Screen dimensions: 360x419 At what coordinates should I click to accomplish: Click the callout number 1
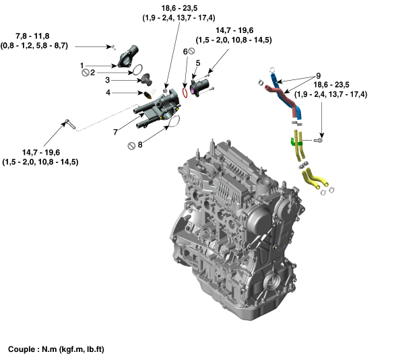click(82, 66)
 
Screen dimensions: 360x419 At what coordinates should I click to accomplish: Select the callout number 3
click(107, 79)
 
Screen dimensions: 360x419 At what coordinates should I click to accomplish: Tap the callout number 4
click(107, 92)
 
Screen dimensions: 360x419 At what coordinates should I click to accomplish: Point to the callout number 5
click(197, 63)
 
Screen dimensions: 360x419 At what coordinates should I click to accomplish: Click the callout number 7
click(115, 131)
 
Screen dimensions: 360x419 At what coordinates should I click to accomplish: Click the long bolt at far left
click(69, 122)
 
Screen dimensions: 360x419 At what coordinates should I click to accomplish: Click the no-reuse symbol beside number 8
click(132, 144)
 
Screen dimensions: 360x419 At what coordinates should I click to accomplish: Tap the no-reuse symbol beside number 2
click(85, 73)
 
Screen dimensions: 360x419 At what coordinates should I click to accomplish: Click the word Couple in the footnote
click(22, 350)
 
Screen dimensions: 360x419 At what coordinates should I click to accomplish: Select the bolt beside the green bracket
click(319, 140)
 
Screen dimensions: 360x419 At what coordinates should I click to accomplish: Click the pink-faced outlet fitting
click(197, 85)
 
